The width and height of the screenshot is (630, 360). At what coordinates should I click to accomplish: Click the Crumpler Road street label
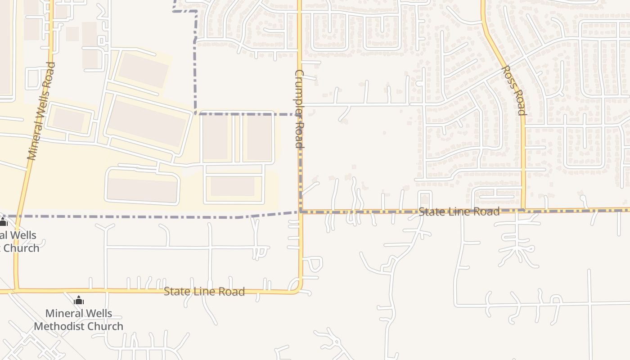(300, 109)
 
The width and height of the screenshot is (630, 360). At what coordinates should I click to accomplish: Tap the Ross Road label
(513, 90)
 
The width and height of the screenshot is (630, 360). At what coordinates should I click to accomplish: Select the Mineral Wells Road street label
(41, 111)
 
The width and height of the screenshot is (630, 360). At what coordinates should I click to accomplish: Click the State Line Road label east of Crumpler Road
(459, 211)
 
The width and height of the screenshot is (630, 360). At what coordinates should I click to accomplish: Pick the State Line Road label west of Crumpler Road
(204, 292)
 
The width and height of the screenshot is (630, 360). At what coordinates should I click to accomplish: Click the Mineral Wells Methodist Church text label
(78, 319)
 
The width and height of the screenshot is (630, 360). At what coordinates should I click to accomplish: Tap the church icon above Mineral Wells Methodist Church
(79, 300)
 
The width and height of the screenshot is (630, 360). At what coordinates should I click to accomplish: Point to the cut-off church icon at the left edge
(3, 222)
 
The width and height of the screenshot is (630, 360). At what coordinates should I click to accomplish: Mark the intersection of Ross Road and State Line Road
(524, 210)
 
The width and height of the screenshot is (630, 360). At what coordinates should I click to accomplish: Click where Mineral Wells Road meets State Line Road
(16, 290)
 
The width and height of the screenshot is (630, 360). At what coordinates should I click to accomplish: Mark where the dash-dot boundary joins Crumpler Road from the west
(300, 211)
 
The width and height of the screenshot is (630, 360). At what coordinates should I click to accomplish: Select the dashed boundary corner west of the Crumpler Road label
(196, 114)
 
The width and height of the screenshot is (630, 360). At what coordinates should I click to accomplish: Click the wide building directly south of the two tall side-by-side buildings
(233, 186)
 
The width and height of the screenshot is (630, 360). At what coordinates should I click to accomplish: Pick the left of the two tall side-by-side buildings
(215, 137)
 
